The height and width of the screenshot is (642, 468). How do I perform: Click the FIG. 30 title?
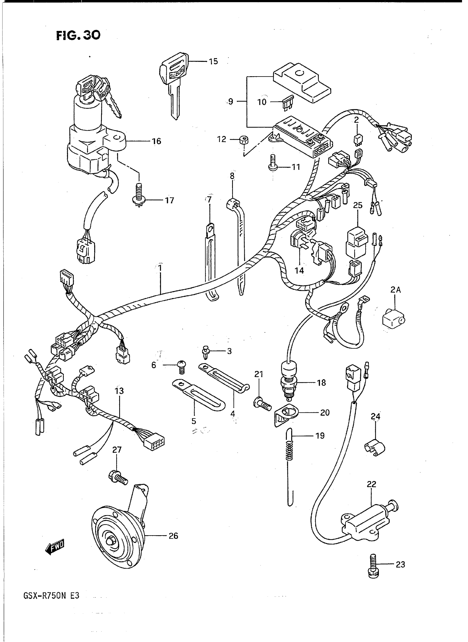coord(78,35)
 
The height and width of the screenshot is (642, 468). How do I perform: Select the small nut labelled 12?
coord(243,140)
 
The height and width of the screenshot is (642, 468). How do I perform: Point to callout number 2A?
coord(396,290)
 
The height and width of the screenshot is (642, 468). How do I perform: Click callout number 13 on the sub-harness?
coord(119,391)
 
